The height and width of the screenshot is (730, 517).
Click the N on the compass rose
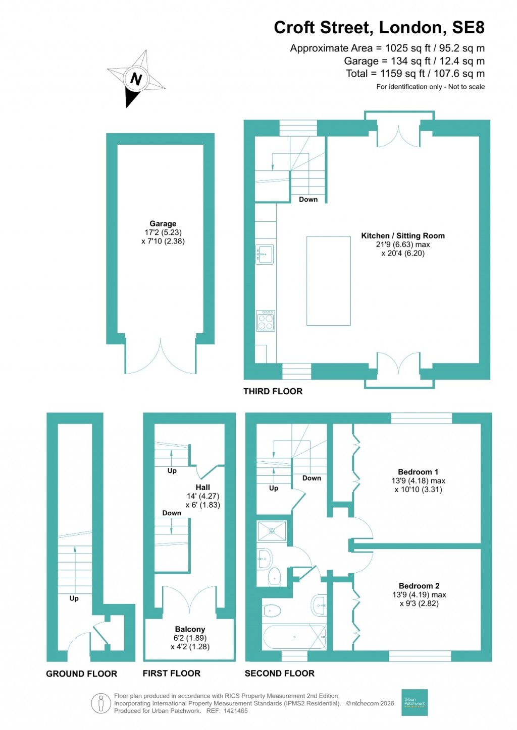136,79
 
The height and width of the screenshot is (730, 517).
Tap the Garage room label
163,223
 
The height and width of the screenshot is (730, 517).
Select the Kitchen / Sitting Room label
402,235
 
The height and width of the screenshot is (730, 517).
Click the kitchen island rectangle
328,281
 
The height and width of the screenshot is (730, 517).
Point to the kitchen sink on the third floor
265,254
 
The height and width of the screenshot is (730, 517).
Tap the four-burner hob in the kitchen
266,321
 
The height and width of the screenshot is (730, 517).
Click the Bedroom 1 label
418,472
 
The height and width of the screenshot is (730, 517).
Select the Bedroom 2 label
419,586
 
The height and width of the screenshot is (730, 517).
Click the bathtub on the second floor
294,637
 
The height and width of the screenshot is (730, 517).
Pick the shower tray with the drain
272,531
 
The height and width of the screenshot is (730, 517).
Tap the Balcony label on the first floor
190,629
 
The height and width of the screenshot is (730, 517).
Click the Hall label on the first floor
202,488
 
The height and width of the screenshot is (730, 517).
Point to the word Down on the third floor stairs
308,199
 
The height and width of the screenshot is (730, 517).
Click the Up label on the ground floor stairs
74,598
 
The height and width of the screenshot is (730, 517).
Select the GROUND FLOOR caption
81,674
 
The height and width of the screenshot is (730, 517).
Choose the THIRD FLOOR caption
273,391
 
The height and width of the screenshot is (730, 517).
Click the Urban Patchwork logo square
414,702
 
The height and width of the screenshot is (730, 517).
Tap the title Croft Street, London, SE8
379,27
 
